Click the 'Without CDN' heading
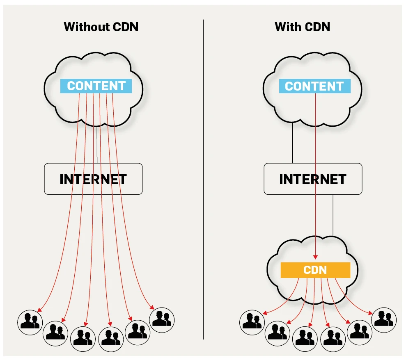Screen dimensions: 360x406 [x=101, y=27]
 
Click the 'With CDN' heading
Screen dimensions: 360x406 [x=302, y=27]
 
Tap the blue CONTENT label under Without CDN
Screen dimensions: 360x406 [x=96, y=86]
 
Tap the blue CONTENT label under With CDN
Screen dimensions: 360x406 [x=314, y=86]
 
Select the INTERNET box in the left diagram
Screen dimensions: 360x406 [x=93, y=179]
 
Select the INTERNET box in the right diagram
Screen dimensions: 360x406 [x=313, y=179]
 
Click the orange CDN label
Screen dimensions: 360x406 [x=315, y=270]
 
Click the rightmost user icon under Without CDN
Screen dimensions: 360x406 [x=162, y=319]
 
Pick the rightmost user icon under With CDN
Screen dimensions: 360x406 [x=384, y=319]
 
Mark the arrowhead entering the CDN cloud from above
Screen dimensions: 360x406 [x=315, y=257]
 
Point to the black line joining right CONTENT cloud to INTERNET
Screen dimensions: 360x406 [x=292, y=144]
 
